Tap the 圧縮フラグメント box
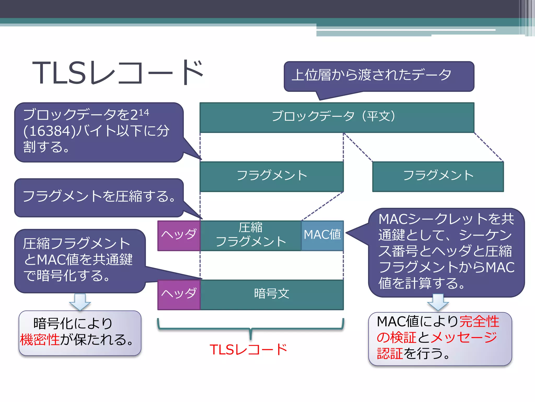(251, 235)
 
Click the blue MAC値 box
(322, 235)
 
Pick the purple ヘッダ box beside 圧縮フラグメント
(179, 235)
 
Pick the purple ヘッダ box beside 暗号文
(179, 294)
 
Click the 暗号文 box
(272, 294)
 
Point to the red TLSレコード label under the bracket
(248, 350)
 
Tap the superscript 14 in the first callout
(144, 113)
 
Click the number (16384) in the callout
(50, 131)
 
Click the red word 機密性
(40, 340)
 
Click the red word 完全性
(479, 321)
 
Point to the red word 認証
(390, 353)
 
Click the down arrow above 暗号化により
(80, 302)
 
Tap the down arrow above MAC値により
(438, 302)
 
